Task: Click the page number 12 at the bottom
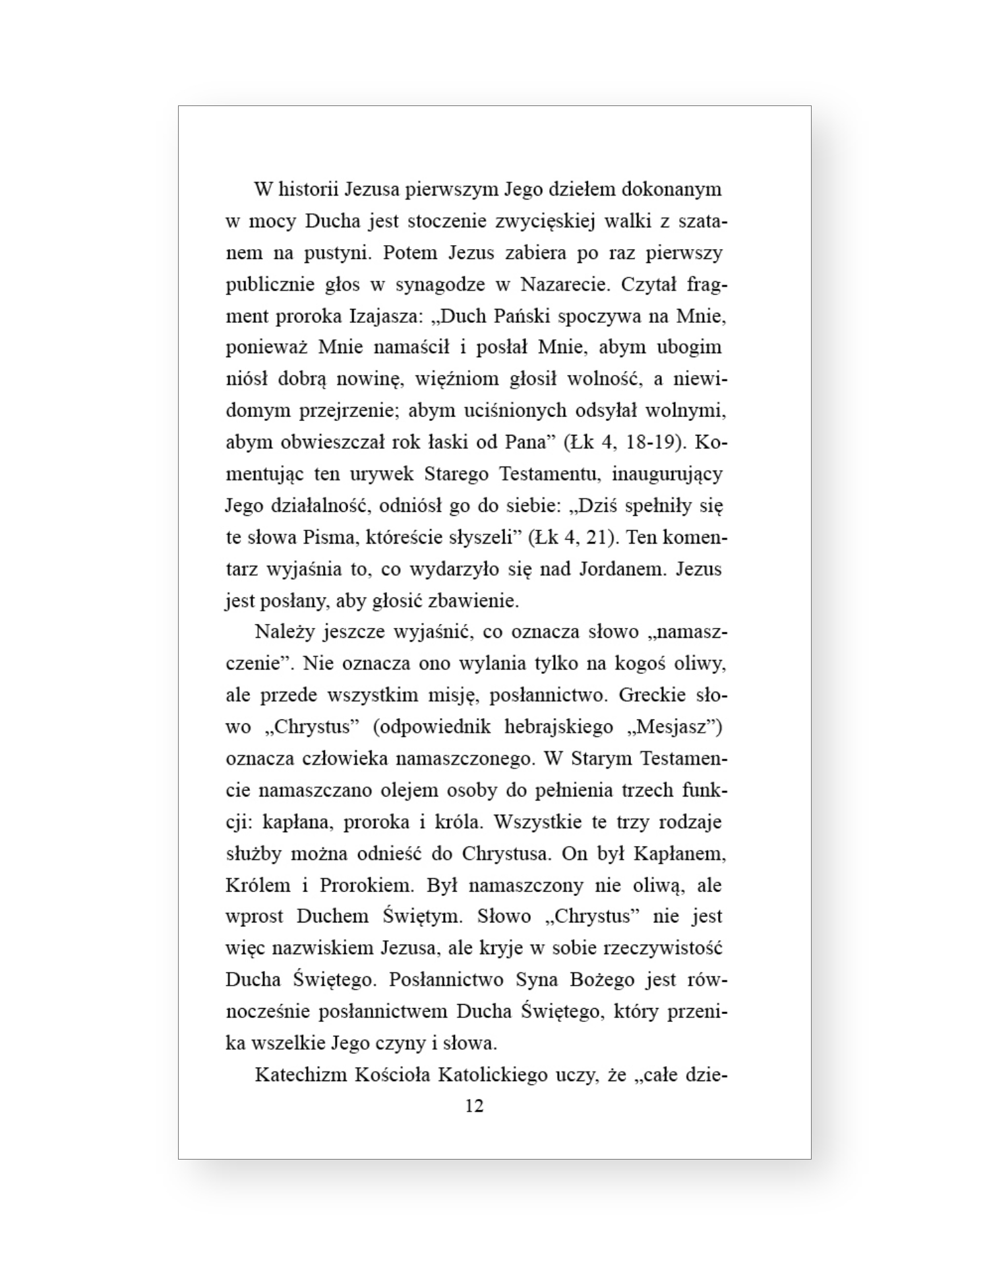pos(474,1106)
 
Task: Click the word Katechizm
pos(299,1075)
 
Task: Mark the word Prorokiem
pos(366,885)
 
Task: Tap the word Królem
pos(258,885)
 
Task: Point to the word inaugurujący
pos(667,474)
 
